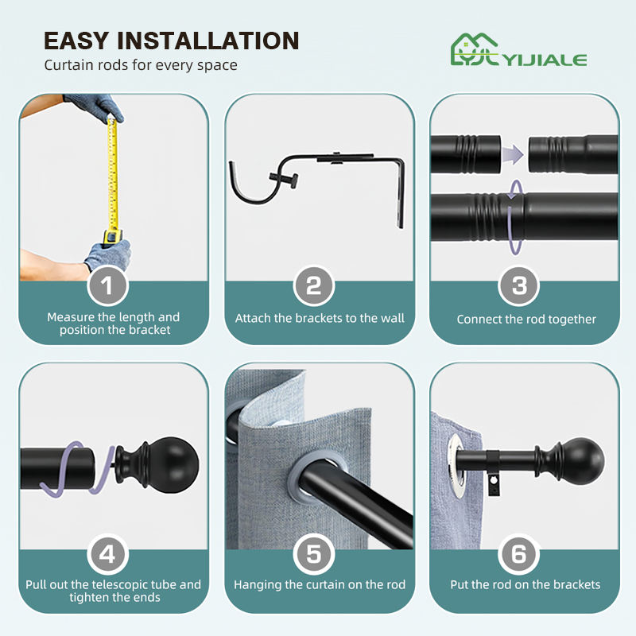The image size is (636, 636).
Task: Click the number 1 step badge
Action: click(107, 285)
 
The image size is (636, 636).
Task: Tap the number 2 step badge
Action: click(313, 285)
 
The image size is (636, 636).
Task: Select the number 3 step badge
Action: click(519, 285)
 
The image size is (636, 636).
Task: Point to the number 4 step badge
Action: click(107, 554)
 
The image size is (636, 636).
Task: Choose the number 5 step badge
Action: click(313, 554)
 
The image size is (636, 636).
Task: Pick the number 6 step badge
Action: click(519, 554)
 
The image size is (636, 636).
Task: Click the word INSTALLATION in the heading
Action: click(208, 41)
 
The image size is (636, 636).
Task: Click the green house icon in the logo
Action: click(475, 49)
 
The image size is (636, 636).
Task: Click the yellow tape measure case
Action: click(112, 237)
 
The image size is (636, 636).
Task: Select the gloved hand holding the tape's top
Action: click(95, 107)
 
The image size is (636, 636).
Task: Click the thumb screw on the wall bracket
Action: click(284, 178)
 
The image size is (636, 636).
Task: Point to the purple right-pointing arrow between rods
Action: click(513, 154)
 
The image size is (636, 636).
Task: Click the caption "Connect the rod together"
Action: click(526, 320)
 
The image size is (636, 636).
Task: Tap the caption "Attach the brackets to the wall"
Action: click(320, 318)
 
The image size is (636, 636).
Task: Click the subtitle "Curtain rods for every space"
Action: click(141, 65)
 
